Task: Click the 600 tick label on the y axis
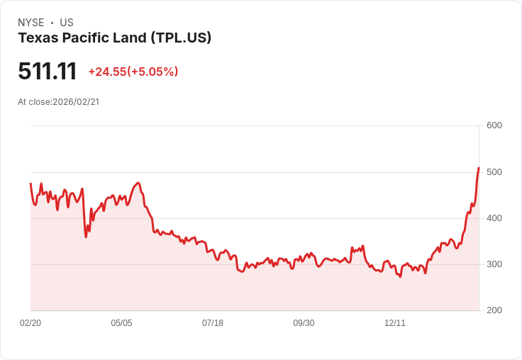tap(494, 125)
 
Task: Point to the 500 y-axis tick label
tap(494, 172)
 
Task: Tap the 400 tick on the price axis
tap(494, 218)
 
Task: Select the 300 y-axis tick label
tap(494, 264)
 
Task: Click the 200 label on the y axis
tap(494, 310)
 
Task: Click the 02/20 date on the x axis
tap(30, 323)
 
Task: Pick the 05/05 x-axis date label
tap(121, 323)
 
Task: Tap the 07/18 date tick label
tap(213, 323)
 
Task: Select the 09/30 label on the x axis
tap(304, 323)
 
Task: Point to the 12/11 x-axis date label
tap(395, 323)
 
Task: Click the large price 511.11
tap(47, 71)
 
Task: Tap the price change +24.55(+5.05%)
tap(133, 72)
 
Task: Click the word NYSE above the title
tap(31, 23)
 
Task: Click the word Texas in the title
tap(35, 38)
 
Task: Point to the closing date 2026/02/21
tap(76, 101)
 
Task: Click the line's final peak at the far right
tap(479, 168)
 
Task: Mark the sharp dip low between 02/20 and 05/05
tap(86, 236)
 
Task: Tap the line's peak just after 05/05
tap(138, 183)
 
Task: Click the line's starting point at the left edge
tap(30, 184)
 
